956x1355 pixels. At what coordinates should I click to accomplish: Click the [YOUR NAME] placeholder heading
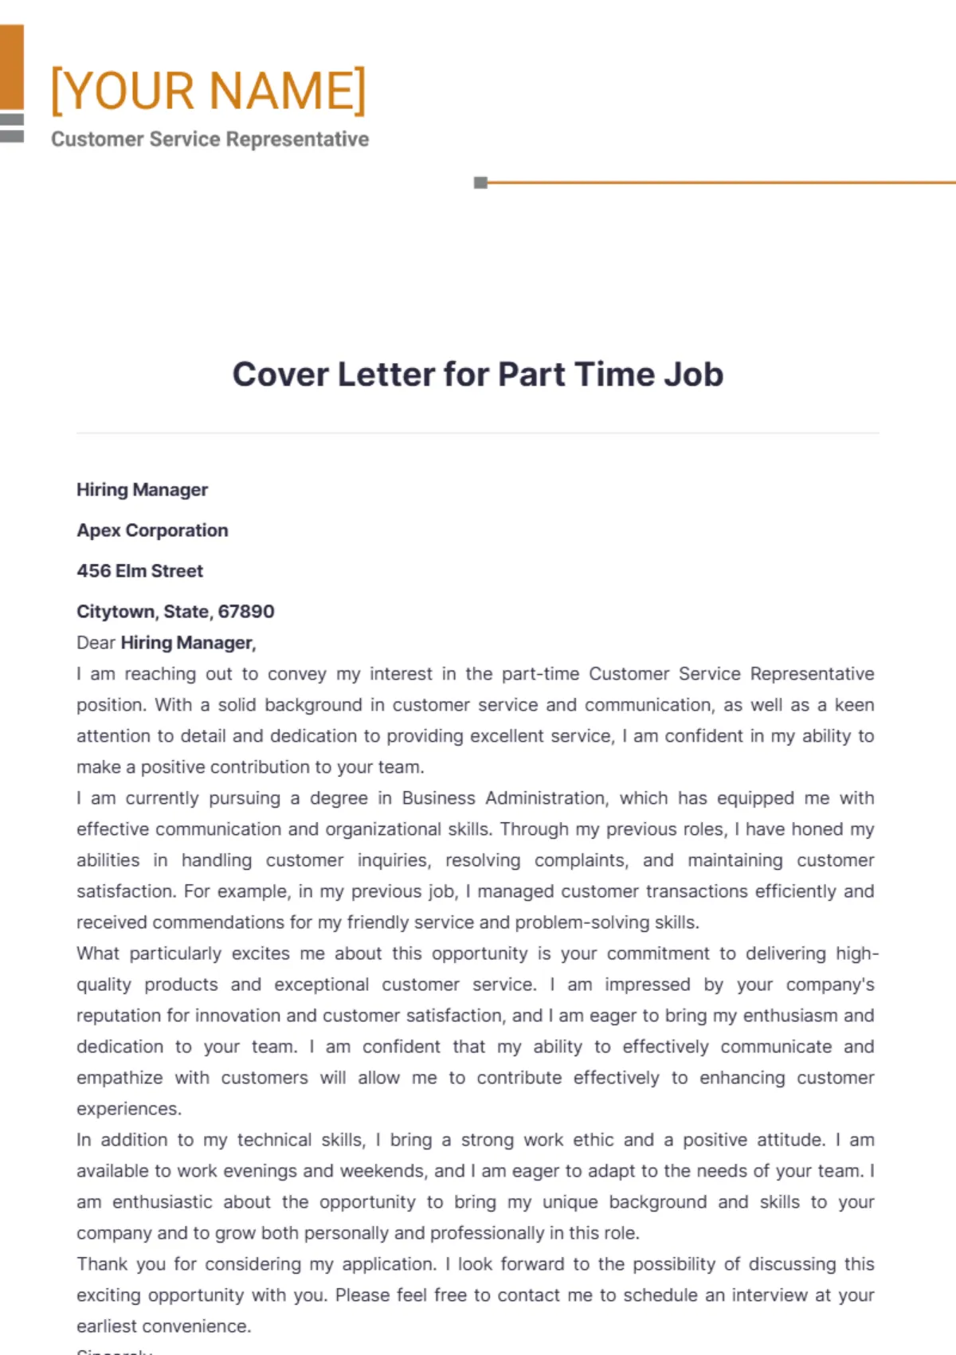208,90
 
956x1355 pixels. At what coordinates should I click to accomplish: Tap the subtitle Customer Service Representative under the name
210,139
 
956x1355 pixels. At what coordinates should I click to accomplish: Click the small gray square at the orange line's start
480,182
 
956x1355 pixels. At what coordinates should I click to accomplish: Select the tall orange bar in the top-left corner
11,67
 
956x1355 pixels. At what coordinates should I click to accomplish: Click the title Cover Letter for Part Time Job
477,374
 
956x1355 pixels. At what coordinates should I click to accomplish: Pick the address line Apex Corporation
152,531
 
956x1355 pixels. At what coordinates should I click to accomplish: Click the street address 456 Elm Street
139,571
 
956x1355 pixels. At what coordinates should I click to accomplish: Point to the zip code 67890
246,612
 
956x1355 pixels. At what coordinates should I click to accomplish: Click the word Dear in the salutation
96,643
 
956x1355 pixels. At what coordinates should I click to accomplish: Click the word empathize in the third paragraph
119,1078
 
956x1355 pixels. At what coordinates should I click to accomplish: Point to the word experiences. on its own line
128,1109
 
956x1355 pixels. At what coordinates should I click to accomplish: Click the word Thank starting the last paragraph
102,1264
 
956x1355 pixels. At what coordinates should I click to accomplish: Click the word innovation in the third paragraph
237,1016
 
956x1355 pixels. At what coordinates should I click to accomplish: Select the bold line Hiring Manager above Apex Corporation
142,490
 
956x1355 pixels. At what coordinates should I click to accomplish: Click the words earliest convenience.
163,1326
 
